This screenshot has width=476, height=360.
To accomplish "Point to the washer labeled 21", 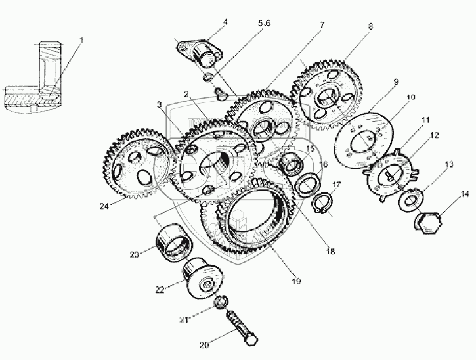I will point(221,302).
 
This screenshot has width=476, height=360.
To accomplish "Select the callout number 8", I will point(370,26).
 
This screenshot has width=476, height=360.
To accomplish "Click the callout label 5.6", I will point(264,23).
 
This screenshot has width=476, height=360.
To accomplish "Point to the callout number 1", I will point(81,41).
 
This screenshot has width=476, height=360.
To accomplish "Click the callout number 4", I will point(225,22).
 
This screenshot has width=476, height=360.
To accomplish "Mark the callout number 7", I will point(322,25).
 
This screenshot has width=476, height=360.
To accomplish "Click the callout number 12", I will point(435,135).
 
